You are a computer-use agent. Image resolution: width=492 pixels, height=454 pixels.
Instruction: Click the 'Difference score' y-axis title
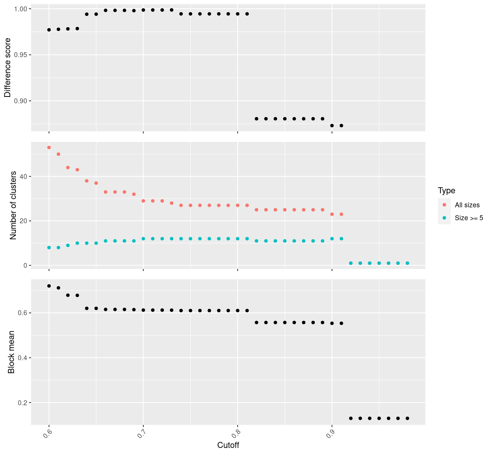coord(7,67)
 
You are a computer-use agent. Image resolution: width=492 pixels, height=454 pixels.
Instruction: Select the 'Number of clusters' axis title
coord(13,205)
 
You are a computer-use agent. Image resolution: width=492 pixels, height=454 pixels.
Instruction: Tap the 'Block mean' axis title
coord(12,352)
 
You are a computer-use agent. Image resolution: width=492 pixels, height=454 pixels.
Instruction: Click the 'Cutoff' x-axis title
coord(228,445)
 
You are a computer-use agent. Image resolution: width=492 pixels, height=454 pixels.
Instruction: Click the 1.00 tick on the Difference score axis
coord(21,9)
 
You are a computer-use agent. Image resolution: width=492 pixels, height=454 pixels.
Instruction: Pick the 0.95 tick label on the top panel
coord(21,55)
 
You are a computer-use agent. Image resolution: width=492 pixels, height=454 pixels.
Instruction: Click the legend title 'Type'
coord(446,191)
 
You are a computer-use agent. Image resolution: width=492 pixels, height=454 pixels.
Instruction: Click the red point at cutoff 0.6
coord(49,148)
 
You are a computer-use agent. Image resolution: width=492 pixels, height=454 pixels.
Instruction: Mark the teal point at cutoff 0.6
coord(49,247)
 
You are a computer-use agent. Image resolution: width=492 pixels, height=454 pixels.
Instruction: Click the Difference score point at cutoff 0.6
coord(49,30)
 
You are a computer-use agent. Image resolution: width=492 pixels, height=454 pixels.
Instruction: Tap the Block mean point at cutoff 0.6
coord(49,286)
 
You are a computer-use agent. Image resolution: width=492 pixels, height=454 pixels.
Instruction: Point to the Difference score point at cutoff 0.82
coord(257,119)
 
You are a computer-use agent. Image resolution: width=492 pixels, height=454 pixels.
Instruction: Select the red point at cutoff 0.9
coord(332,214)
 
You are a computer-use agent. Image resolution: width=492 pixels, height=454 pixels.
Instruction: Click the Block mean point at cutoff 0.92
coord(351,418)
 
